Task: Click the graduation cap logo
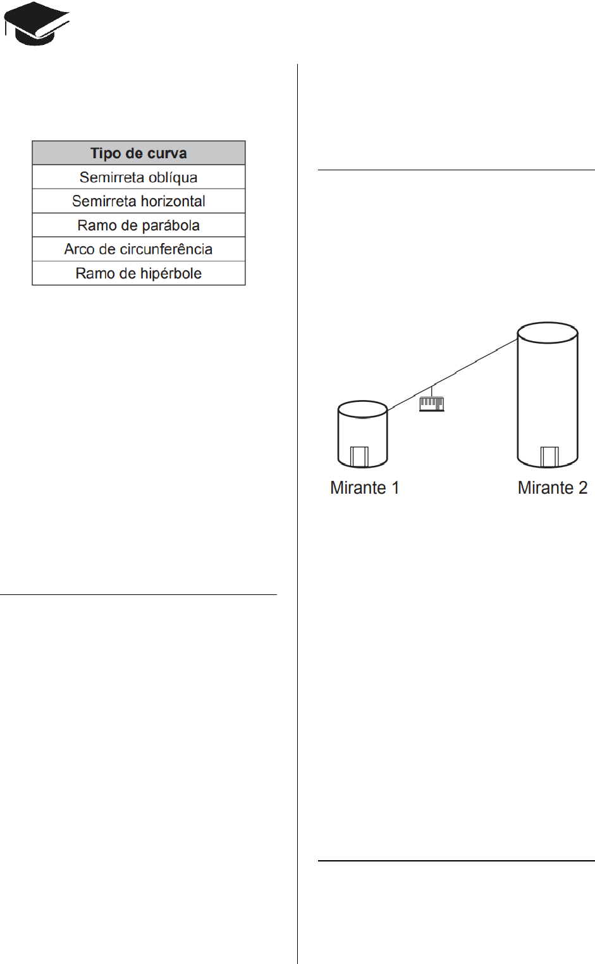point(37,23)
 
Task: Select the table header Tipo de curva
point(138,153)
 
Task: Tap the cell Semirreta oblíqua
point(138,177)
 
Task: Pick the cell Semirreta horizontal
point(138,201)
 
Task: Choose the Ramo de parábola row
point(138,225)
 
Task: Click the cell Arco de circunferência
point(138,249)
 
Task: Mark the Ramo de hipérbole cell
point(138,273)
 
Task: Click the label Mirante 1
point(365,487)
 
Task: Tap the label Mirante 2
point(553,487)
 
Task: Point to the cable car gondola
point(432,404)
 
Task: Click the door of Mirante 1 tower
point(359,456)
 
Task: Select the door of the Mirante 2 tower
point(549,457)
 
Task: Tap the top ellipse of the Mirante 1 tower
point(362,401)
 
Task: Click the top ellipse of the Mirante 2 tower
point(548,323)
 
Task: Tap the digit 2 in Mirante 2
point(582,487)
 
